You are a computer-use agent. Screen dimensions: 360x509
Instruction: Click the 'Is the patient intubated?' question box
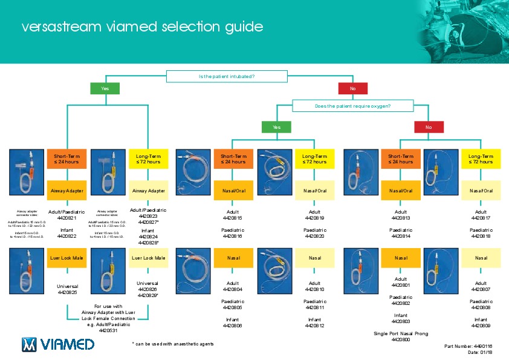point(227,76)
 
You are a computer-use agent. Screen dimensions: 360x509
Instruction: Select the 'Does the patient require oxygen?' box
point(352,106)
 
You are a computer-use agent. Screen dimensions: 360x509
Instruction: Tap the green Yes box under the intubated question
point(105,89)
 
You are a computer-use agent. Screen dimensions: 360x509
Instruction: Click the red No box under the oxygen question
point(429,127)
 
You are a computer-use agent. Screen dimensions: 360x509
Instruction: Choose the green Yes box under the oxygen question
point(276,127)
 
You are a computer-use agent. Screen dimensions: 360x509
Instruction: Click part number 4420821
point(66,218)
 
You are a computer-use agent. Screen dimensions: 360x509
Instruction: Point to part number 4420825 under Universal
point(66,292)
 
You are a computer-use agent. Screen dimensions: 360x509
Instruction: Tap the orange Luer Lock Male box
point(66,258)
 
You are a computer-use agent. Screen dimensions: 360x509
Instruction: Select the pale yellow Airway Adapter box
point(149,191)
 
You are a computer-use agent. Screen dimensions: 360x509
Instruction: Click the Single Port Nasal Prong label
point(401,333)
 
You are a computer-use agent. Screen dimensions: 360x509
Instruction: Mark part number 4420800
point(401,340)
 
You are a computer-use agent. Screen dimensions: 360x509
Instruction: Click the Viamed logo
point(58,344)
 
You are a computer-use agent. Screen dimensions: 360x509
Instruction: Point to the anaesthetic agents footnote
point(172,344)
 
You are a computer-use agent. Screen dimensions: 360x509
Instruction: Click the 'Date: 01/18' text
point(481,352)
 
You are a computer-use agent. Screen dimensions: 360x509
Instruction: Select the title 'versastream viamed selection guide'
point(142,27)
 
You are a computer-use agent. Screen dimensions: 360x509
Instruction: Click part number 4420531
point(108,330)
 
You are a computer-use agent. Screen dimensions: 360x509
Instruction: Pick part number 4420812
point(315,326)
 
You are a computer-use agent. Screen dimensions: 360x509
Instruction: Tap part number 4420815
point(233,218)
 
